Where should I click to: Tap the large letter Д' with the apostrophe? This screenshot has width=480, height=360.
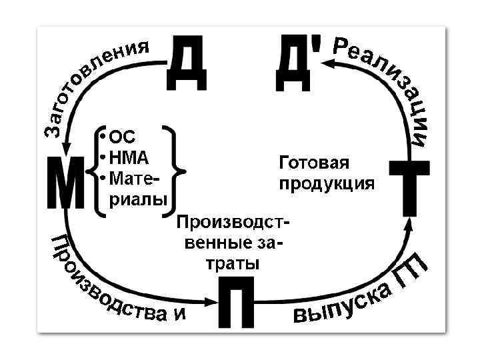[295, 63]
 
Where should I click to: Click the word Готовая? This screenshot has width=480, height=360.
[313, 163]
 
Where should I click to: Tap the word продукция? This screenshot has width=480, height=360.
[327, 183]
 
